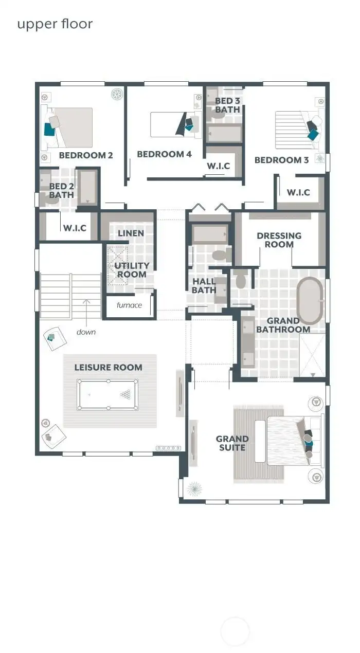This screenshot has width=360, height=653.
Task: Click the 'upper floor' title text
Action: point(55,24)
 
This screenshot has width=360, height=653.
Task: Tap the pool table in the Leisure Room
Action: point(107,394)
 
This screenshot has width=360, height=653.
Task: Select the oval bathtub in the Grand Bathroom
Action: point(310,300)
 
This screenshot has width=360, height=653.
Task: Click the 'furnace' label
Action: point(129,305)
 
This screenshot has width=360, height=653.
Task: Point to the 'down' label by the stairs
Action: point(86,332)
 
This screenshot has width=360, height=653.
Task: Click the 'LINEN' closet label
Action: point(131,233)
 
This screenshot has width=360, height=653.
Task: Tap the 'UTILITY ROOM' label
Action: point(132,270)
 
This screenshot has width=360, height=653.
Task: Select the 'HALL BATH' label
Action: point(204,286)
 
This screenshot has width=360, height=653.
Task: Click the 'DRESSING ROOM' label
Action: point(279,240)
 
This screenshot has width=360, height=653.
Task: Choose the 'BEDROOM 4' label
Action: point(164,154)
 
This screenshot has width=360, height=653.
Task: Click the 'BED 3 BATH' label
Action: point(227,105)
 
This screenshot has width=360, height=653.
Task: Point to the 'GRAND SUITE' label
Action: point(232,443)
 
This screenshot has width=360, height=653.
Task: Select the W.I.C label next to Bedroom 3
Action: point(298,192)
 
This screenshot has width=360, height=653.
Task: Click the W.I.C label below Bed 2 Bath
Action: point(74,228)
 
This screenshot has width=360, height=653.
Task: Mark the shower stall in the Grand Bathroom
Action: point(312,355)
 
